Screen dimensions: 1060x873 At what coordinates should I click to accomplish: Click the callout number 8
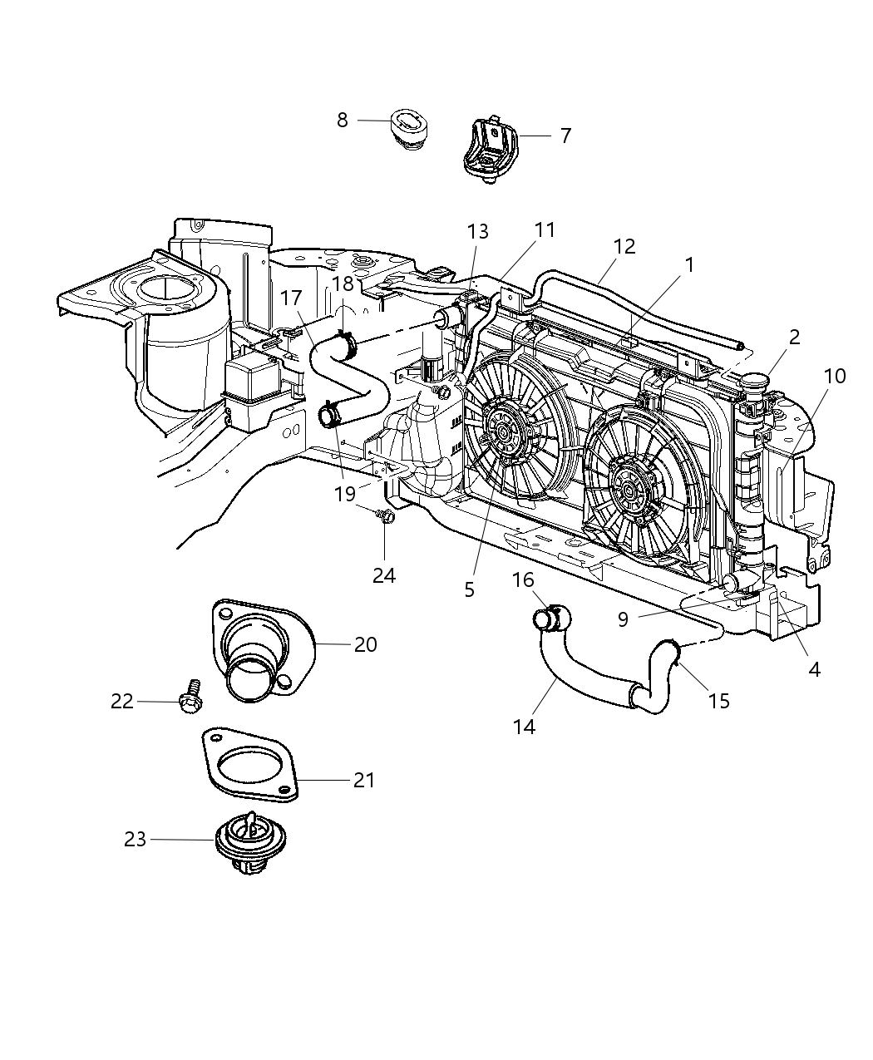[343, 121]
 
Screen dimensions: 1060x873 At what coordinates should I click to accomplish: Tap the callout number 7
[565, 136]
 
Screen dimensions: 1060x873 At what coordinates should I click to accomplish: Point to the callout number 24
[383, 574]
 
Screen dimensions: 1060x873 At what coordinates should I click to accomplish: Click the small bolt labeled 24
[385, 516]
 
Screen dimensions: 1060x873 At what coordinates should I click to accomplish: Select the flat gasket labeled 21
[250, 766]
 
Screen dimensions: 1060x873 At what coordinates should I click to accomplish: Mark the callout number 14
[524, 727]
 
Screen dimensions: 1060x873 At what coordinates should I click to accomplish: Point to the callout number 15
[718, 700]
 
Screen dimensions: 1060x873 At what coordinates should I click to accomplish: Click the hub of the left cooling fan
[504, 431]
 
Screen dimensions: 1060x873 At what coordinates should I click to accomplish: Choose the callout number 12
[624, 246]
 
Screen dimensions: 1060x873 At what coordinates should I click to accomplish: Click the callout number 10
[834, 376]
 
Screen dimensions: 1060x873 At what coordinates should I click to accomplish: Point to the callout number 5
[470, 589]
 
